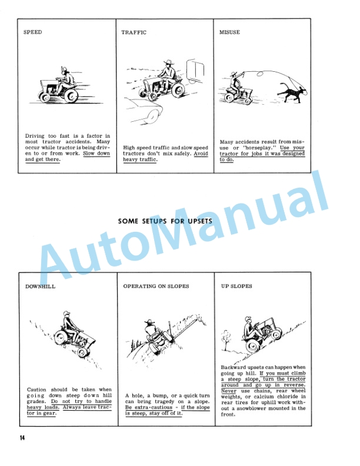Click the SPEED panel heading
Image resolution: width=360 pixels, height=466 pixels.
tap(32, 32)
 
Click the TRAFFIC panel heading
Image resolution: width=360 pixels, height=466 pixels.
tap(134, 32)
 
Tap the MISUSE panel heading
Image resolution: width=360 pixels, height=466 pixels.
tap(229, 32)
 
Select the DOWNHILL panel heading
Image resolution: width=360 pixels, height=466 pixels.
tap(40, 287)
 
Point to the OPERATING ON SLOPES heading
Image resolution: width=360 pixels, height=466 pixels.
tap(156, 287)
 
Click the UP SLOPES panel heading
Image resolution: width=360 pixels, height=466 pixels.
tap(236, 287)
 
